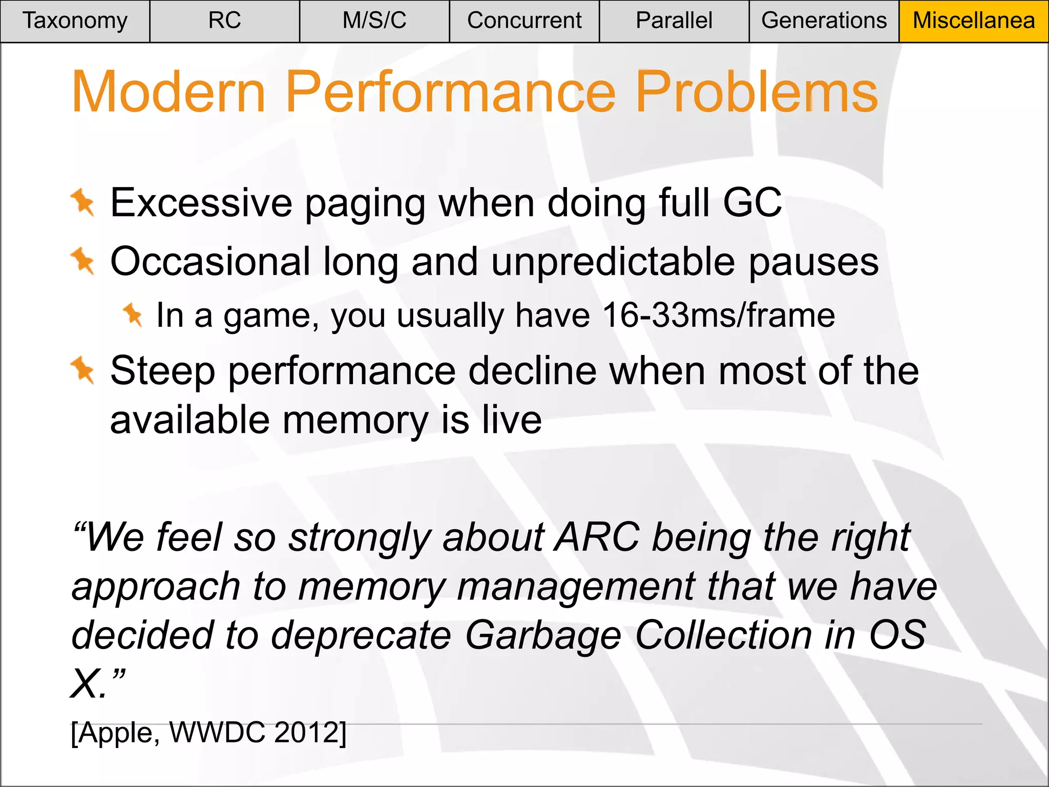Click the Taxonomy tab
pos(75,21)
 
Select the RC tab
pos(224,21)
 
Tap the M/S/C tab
pos(374,21)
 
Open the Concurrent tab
pos(524,21)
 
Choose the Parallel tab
pos(674,21)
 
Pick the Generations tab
pos(824,21)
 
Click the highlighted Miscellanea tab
pos(974,21)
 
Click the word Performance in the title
pos(450,92)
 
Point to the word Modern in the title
pos(169,92)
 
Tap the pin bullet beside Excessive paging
pos(83,202)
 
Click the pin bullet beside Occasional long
pos(83,261)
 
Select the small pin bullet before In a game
pos(133,314)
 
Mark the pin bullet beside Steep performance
pos(83,370)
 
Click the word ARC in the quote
pos(598,537)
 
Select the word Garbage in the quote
pos(543,635)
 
